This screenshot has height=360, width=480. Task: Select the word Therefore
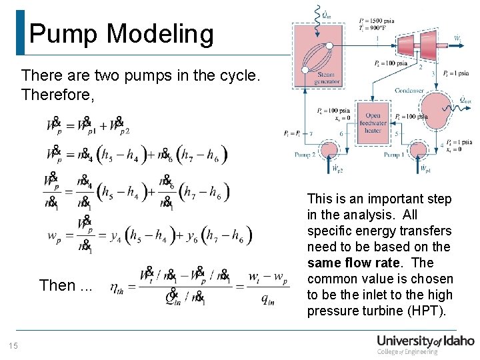(57, 95)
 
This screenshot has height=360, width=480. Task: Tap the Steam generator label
(326, 78)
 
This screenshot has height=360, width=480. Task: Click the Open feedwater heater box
(373, 121)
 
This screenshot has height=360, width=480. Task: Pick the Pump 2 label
(305, 154)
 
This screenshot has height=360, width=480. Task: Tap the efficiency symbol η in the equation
(116, 287)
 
